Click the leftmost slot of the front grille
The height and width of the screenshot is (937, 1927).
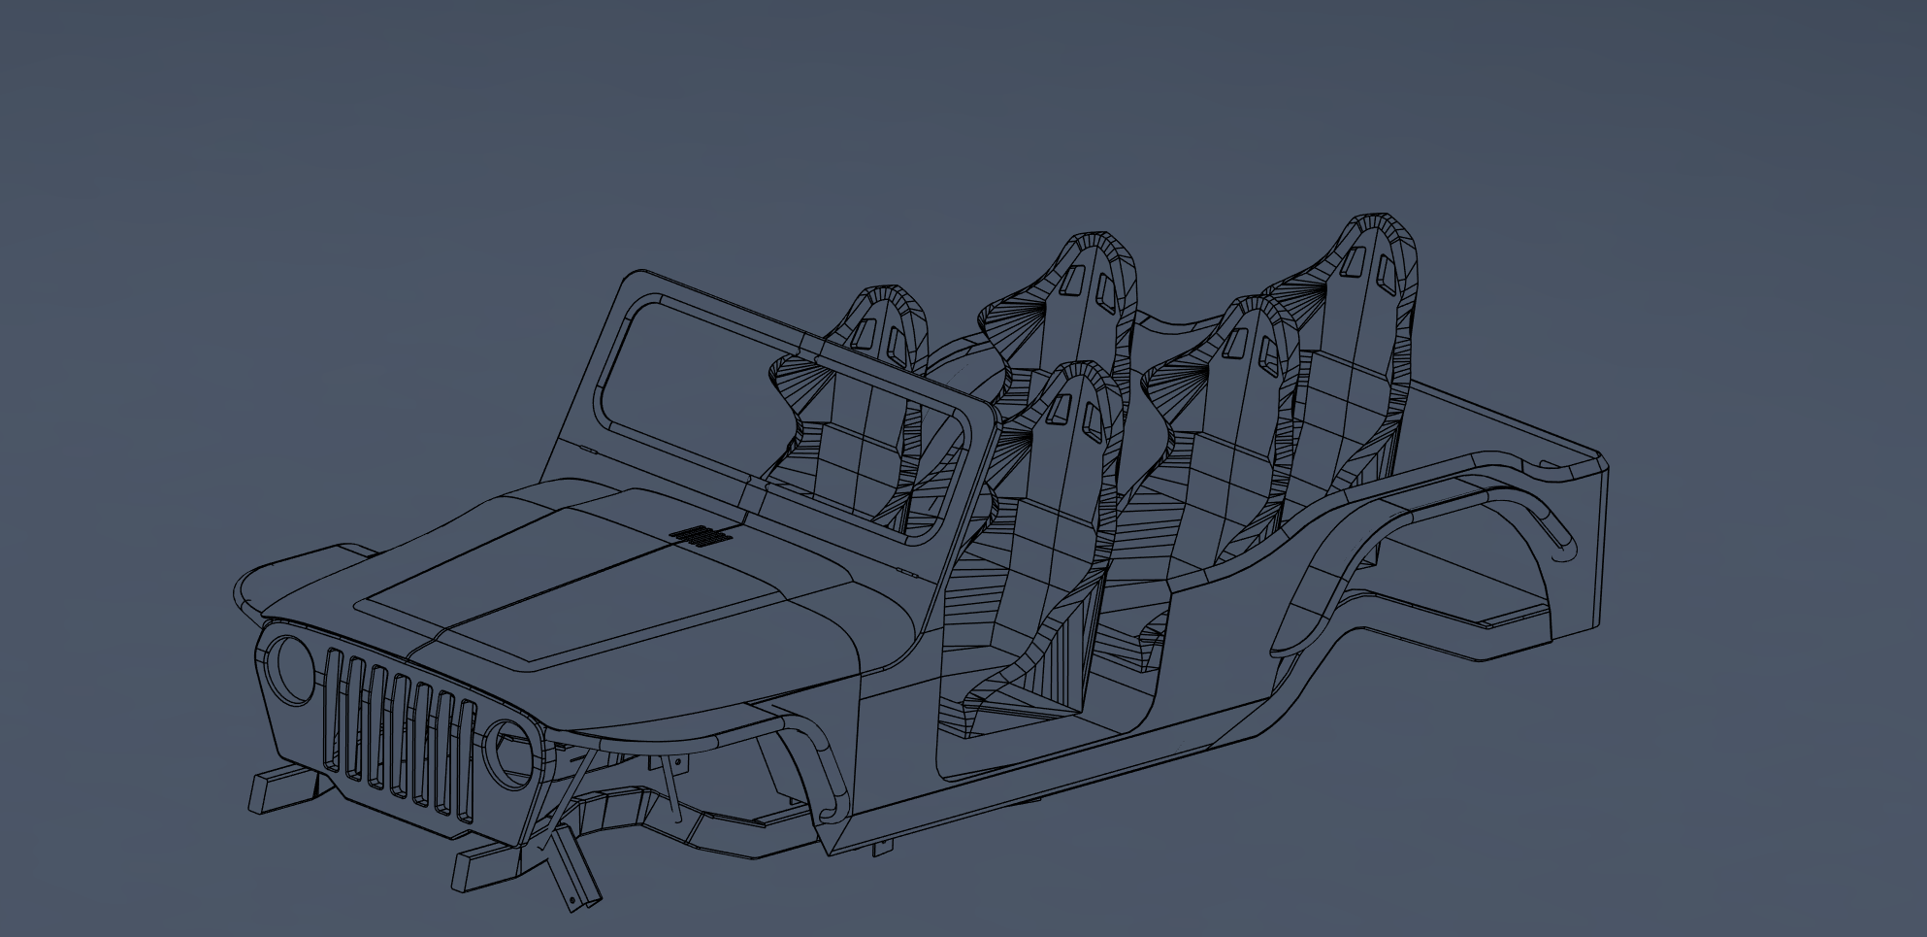[334, 710]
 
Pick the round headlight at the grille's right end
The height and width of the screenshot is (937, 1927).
[511, 753]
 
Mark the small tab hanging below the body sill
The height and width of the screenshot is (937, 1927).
[882, 848]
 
